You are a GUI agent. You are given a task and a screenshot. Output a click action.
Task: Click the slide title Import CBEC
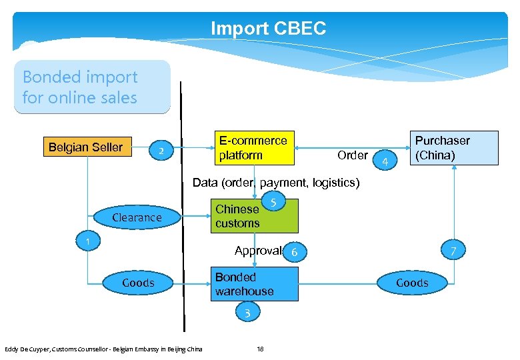coord(268,29)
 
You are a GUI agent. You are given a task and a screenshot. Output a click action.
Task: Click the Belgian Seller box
coord(86,147)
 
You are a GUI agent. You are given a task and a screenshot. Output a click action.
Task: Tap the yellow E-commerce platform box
coord(253,148)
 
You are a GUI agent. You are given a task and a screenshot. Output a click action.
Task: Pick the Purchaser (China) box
coord(453,148)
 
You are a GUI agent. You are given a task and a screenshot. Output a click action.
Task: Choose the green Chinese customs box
coord(254,216)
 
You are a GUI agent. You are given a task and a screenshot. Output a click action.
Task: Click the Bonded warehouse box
coord(254,284)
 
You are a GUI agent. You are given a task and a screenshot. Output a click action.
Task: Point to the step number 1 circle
coord(87,240)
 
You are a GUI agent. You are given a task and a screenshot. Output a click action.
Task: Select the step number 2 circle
coord(161,151)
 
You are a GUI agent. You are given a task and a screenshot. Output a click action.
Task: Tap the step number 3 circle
coord(247,313)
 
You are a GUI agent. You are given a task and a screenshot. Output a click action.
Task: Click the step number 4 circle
coord(385,160)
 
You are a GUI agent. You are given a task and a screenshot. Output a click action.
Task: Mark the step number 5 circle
coord(274,201)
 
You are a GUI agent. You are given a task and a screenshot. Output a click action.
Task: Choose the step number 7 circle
coord(453,251)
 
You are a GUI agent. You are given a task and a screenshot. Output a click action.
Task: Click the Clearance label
coord(137,217)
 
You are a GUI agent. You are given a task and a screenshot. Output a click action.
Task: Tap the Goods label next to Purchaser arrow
coord(412,283)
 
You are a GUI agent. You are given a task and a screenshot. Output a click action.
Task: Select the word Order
coord(352,155)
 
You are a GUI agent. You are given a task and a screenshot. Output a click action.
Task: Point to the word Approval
coord(258,251)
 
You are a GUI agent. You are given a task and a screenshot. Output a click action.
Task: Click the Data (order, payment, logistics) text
coord(275,183)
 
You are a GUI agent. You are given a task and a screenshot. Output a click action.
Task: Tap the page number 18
coord(260,349)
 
